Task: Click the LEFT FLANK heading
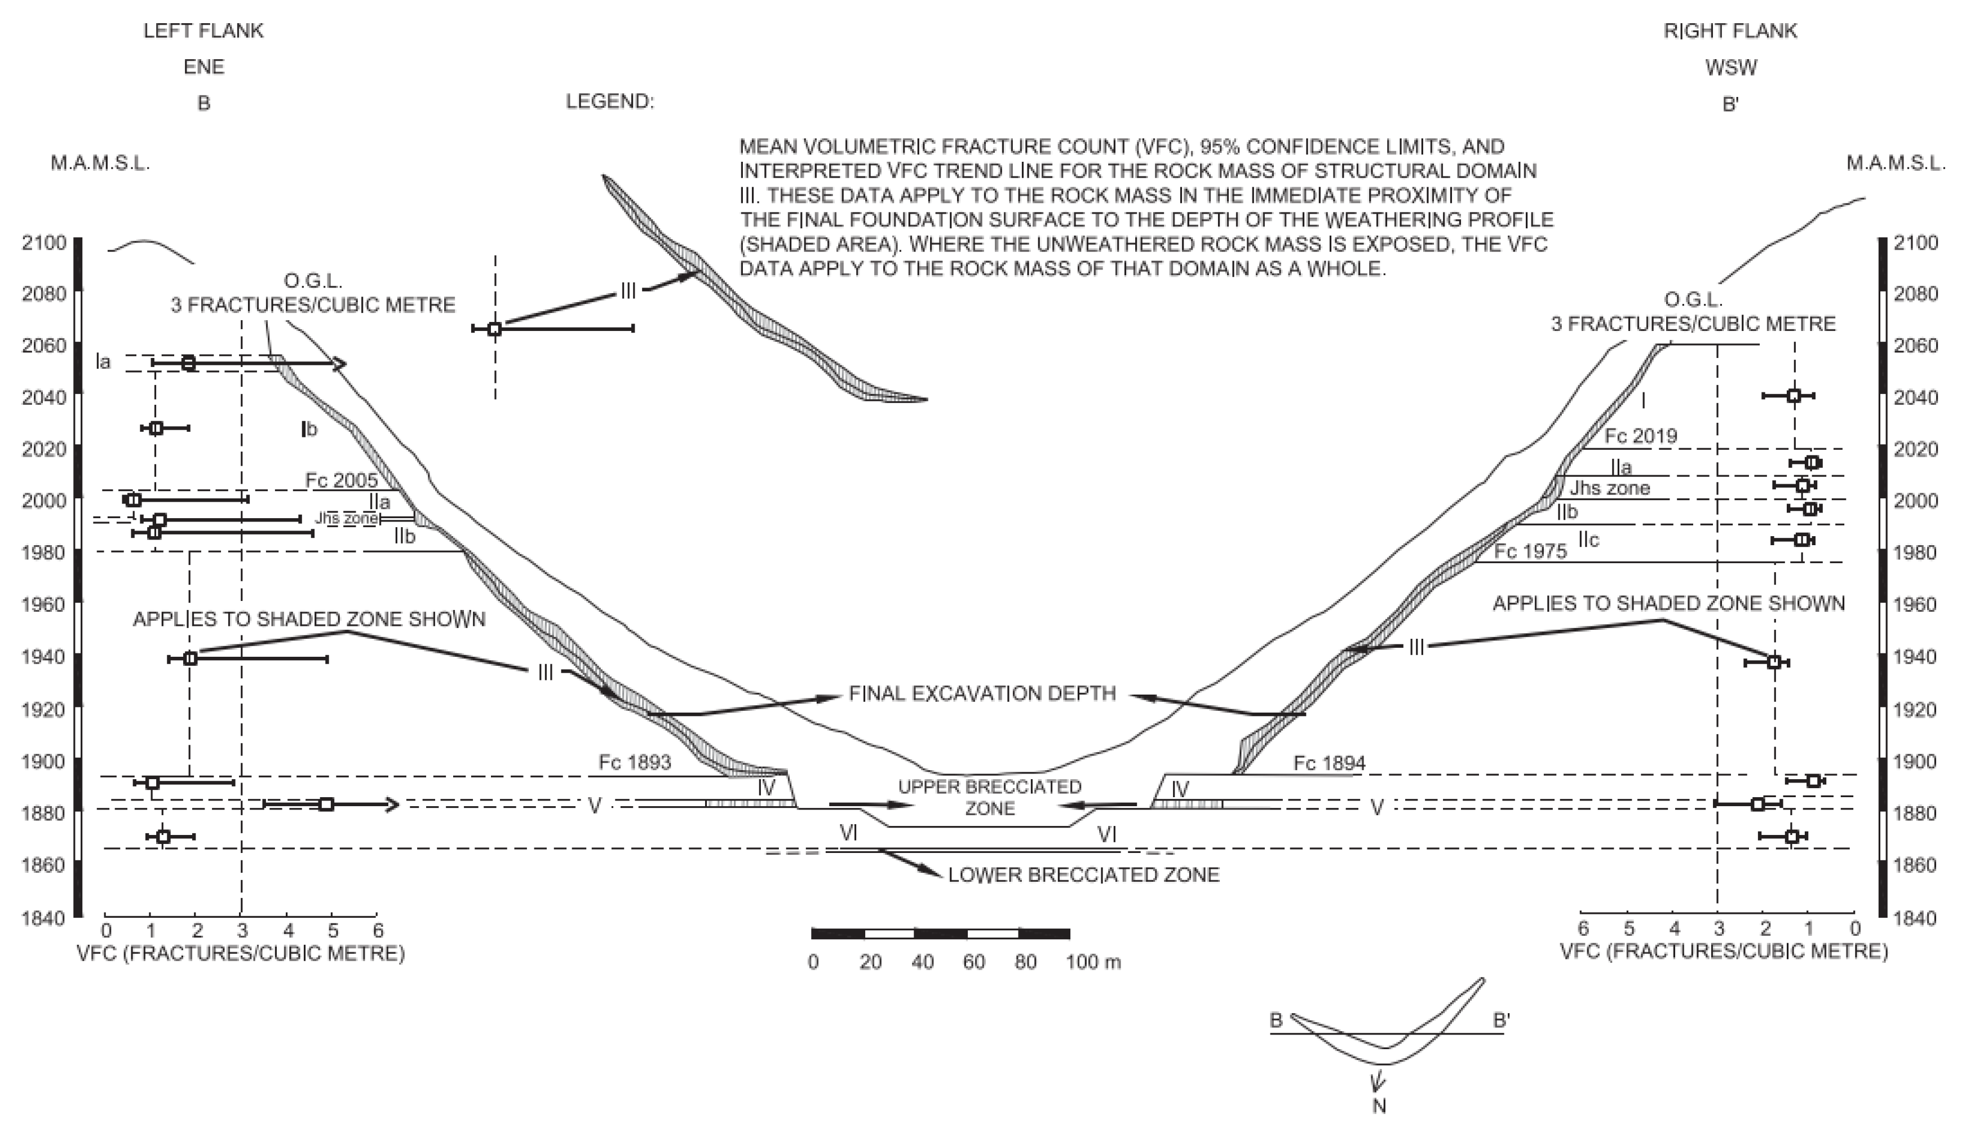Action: [x=203, y=31]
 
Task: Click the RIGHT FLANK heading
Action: [x=1730, y=31]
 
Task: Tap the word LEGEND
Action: [x=609, y=101]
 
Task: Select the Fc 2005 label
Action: [x=341, y=480]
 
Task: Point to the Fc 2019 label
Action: [x=1641, y=435]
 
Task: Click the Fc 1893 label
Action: [x=635, y=762]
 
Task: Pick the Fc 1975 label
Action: [x=1530, y=551]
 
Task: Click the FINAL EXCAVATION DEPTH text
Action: [x=982, y=693]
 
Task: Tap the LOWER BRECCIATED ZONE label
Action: [x=1083, y=874]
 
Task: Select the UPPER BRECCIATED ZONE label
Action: [x=990, y=797]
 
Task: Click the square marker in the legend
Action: [x=494, y=329]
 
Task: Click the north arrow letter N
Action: [x=1379, y=1106]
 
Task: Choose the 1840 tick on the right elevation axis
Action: [x=1915, y=918]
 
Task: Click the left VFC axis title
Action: [x=241, y=953]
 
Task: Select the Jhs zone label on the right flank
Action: [x=1610, y=488]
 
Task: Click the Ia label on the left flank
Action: [x=103, y=362]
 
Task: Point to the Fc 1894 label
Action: [x=1329, y=763]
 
